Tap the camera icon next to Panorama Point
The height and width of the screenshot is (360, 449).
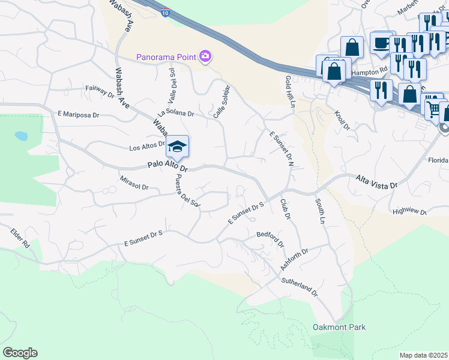(206, 56)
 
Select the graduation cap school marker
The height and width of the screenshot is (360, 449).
(177, 146)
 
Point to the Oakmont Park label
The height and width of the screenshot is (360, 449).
(339, 327)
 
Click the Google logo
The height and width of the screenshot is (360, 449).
(20, 353)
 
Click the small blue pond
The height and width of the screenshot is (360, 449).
(21, 136)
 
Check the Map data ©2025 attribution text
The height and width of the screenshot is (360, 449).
(423, 355)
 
